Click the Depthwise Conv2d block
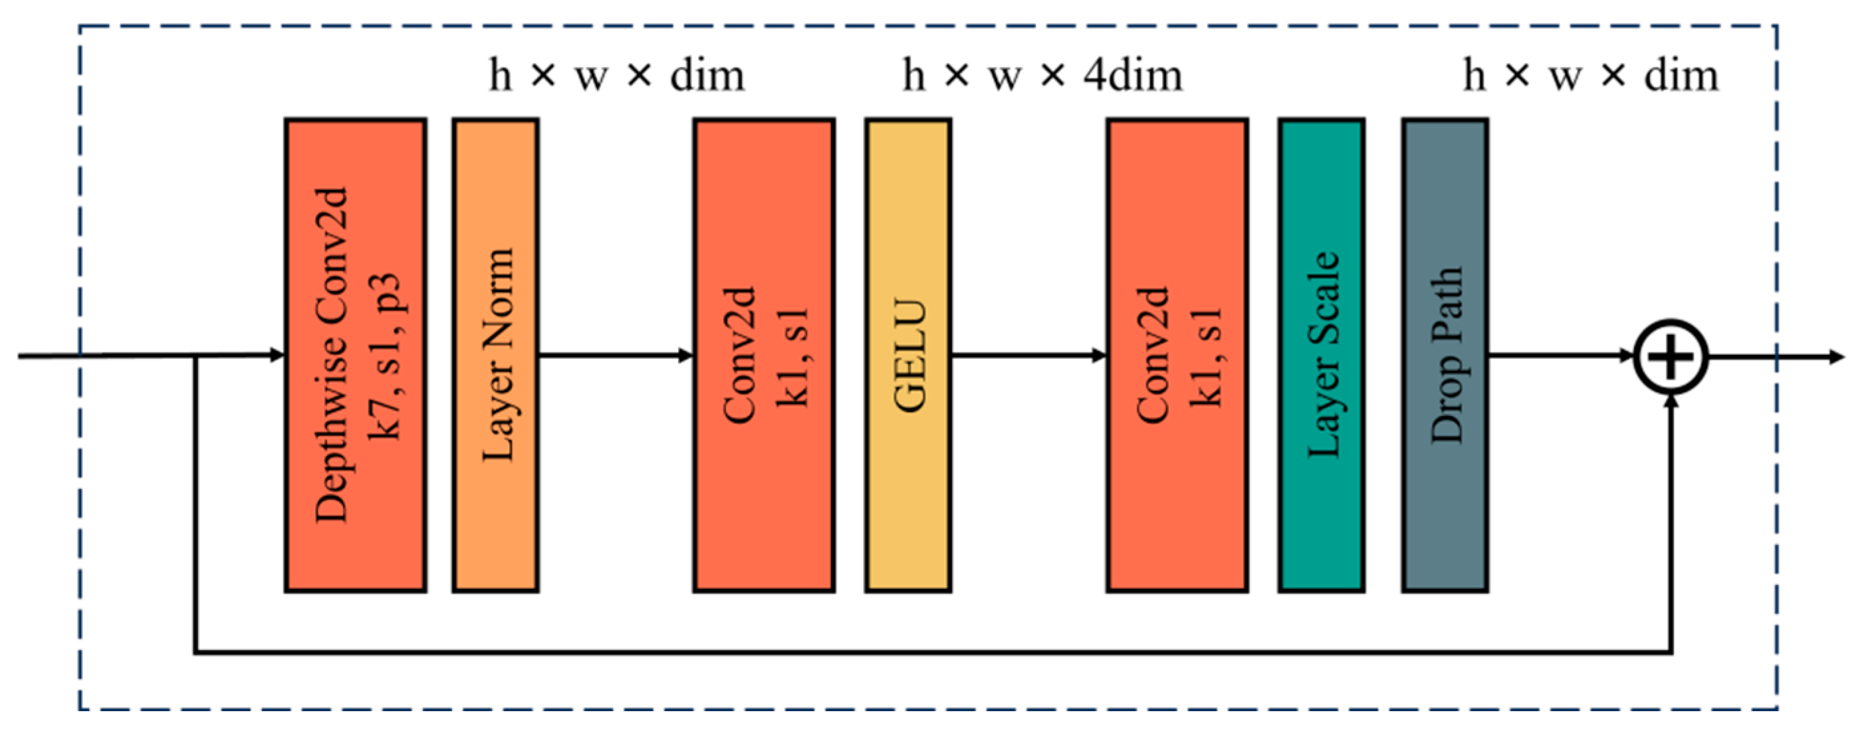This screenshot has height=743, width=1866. tap(355, 355)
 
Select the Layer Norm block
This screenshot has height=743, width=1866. tap(496, 355)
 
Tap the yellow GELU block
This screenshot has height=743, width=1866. tap(907, 355)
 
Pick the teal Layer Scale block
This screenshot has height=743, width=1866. tap(1322, 355)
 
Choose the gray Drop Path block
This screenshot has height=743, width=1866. tap(1445, 355)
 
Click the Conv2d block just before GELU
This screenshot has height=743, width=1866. tap(764, 355)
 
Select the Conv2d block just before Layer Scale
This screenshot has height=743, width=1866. tap(1177, 355)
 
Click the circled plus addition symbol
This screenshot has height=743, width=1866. tap(1671, 356)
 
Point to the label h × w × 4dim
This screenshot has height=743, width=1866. tap(1042, 75)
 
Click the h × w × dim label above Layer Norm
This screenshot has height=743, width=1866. tap(616, 75)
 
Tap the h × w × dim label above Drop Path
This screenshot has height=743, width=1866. tap(1590, 75)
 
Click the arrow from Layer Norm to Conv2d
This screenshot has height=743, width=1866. tap(616, 356)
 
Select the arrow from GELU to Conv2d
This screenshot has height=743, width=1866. tap(1028, 356)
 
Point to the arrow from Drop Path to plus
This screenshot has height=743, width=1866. tap(1558, 356)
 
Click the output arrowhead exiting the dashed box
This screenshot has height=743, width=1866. tap(1836, 357)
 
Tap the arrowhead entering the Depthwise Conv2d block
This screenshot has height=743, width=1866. tap(277, 355)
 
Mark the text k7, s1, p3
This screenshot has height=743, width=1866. tap(385, 355)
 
